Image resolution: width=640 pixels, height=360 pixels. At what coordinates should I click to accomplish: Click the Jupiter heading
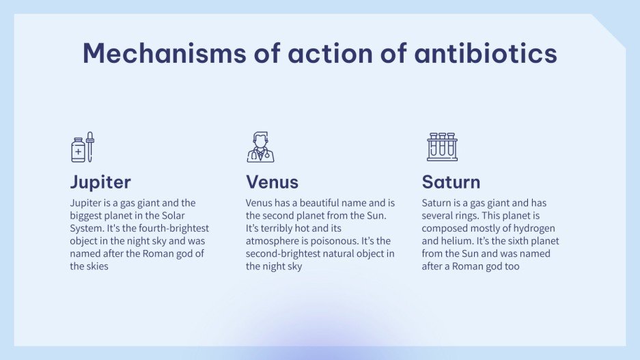point(100,182)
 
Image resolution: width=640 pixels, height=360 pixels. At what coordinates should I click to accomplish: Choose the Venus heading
point(272,182)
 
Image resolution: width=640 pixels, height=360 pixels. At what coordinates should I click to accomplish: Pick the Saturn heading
point(451,182)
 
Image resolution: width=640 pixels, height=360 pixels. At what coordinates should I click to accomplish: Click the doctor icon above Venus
point(260,148)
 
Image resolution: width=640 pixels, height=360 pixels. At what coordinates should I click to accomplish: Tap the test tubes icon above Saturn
point(442,147)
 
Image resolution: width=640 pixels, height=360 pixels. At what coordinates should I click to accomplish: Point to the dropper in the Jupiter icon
point(89,147)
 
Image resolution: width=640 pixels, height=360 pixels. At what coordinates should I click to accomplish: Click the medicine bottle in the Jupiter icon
point(78,150)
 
